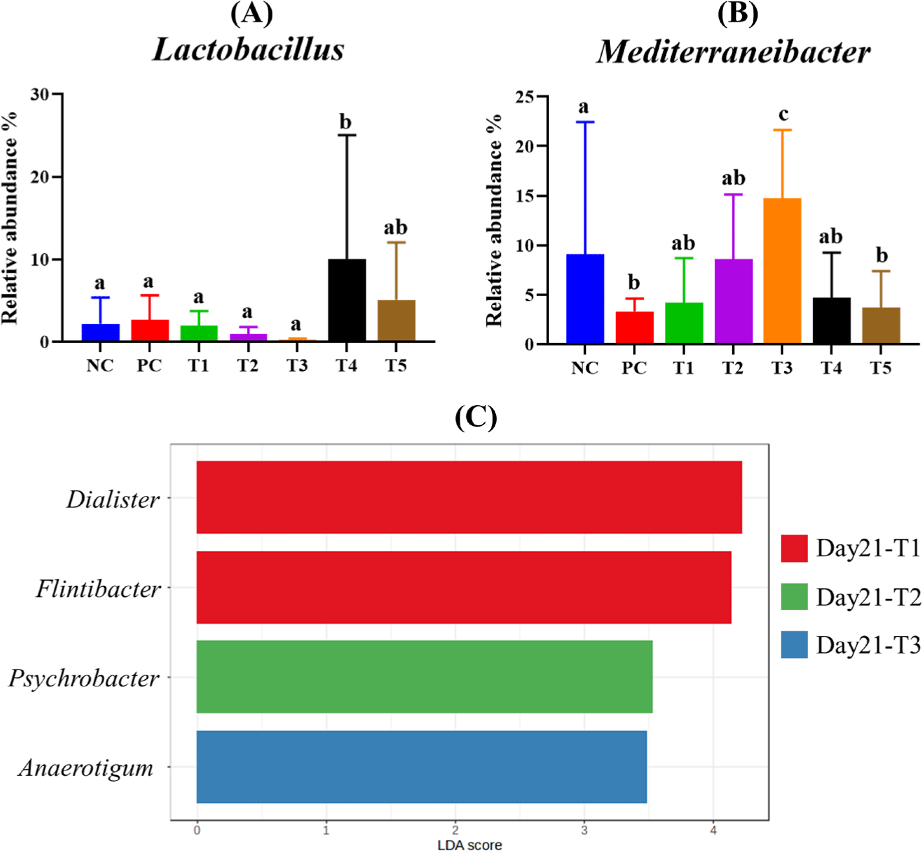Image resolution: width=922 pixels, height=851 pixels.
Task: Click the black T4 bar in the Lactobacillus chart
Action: pyautogui.click(x=347, y=300)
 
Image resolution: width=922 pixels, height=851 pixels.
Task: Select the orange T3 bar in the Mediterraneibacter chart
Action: pyautogui.click(x=782, y=271)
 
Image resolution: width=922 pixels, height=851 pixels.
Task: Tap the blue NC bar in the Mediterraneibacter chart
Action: pyautogui.click(x=585, y=299)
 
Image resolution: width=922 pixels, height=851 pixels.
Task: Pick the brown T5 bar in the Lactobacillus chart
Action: pyautogui.click(x=396, y=321)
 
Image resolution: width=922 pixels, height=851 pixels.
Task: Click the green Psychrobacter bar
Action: pyautogui.click(x=424, y=677)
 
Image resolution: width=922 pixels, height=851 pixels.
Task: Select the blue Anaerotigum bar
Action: pyautogui.click(x=421, y=767)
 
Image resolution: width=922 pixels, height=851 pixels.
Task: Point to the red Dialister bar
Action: pyautogui.click(x=469, y=497)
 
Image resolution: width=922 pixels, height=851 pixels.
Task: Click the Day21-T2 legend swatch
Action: pyautogui.click(x=794, y=597)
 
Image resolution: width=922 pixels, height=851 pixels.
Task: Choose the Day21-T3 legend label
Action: pyautogui.click(x=868, y=646)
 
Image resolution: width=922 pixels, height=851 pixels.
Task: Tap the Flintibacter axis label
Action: pyautogui.click(x=98, y=589)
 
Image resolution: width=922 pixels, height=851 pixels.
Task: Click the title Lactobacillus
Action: pyautogui.click(x=248, y=50)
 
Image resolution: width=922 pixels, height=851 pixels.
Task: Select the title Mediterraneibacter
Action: pyautogui.click(x=733, y=52)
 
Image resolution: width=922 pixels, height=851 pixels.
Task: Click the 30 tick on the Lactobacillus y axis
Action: pyautogui.click(x=40, y=95)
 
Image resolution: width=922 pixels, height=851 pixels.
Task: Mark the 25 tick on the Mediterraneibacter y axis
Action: pyautogui.click(x=525, y=97)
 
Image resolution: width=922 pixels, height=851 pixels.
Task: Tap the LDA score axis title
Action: pyautogui.click(x=469, y=845)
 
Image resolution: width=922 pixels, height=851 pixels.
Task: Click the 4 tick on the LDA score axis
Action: pyautogui.click(x=713, y=830)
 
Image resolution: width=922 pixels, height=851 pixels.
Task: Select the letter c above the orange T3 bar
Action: pyautogui.click(x=783, y=115)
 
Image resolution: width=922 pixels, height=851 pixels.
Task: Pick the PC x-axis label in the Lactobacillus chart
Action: pyautogui.click(x=149, y=366)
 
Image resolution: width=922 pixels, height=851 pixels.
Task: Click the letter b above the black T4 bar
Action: pyautogui.click(x=346, y=121)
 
